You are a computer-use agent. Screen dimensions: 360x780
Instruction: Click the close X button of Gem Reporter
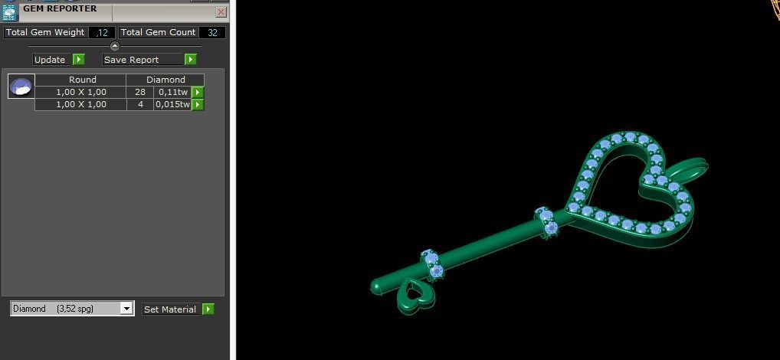point(221,12)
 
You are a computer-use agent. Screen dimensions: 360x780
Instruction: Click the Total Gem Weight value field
point(102,32)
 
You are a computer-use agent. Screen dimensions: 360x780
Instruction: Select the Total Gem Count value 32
point(212,32)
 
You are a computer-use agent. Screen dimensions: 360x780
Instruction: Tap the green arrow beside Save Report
point(191,60)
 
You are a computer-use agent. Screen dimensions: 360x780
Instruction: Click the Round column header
point(82,80)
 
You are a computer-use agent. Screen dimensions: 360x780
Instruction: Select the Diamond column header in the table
point(166,80)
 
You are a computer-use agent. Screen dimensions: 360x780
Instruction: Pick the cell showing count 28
point(140,92)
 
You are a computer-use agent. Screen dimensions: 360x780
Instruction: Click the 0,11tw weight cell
point(172,92)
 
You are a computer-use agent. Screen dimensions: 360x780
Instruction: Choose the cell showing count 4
point(140,104)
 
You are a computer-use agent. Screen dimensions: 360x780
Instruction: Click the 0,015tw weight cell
point(172,104)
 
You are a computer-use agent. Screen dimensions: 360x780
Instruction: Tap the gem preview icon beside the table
point(21,87)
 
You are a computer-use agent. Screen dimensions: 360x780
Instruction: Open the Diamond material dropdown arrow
point(126,309)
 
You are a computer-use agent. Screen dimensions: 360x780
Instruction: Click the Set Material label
point(170,309)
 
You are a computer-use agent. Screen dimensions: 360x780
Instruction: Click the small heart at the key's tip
point(415,295)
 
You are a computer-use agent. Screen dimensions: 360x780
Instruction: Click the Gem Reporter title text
point(60,8)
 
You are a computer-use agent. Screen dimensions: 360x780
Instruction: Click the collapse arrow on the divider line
point(115,47)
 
